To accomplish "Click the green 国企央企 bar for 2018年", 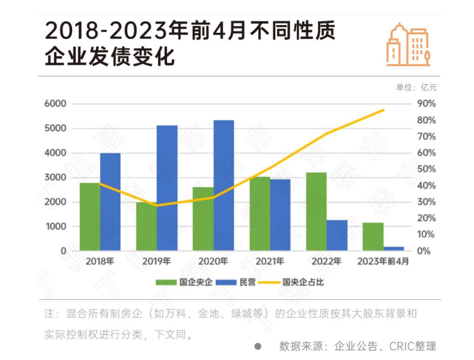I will tap(90, 216).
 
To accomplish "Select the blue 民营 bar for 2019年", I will tap(167, 188).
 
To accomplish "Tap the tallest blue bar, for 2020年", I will tap(223, 185).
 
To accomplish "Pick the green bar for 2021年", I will tap(259, 213).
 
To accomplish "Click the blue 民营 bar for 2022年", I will tap(337, 235).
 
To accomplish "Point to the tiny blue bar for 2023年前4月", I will tap(394, 249).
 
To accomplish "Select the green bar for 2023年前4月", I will tap(373, 237).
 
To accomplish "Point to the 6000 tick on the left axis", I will tap(57, 104).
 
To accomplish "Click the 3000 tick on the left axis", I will tap(57, 177).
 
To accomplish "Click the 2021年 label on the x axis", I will tap(270, 262).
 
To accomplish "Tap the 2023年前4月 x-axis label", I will tap(383, 262).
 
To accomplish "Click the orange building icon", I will tap(407, 45).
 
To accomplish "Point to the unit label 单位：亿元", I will tap(416, 87).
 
